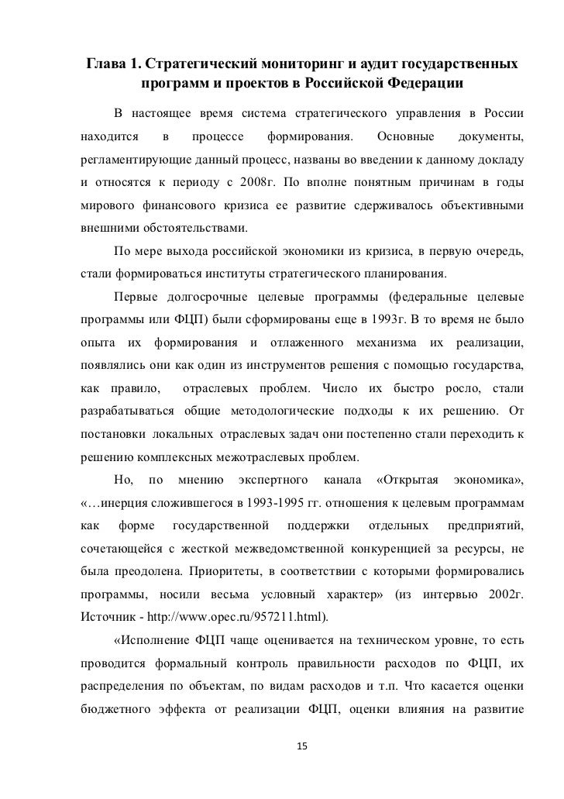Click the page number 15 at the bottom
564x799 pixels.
coord(302,746)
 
